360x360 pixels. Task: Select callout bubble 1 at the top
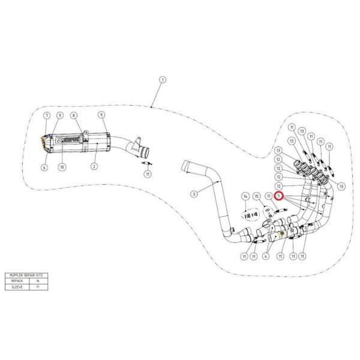(x=162, y=80)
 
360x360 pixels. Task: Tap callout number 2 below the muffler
(x=94, y=165)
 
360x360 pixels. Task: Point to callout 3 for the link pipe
(x=194, y=193)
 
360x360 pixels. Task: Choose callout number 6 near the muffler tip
(x=44, y=169)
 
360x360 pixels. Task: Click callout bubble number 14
(x=245, y=196)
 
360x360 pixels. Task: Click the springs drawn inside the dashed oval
(x=251, y=214)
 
